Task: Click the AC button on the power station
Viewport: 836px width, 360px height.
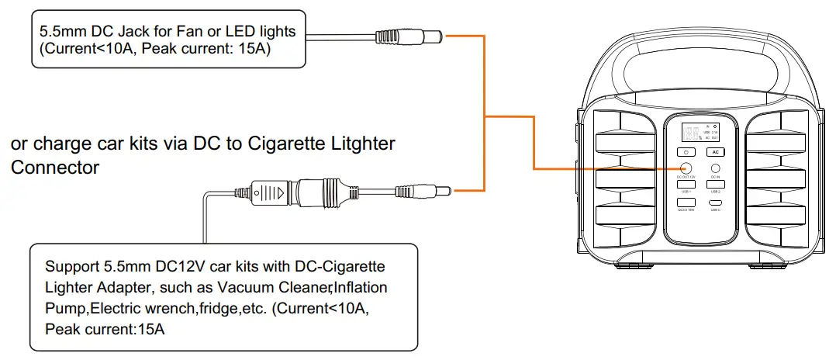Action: pyautogui.click(x=715, y=151)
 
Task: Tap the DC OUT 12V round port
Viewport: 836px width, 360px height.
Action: pyautogui.click(x=686, y=168)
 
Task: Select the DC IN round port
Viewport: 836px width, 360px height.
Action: pyautogui.click(x=715, y=168)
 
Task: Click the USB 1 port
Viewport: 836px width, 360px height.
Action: pyautogui.click(x=686, y=185)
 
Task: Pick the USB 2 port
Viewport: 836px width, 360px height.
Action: pyautogui.click(x=715, y=185)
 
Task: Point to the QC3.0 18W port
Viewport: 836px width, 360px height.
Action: pyautogui.click(x=686, y=203)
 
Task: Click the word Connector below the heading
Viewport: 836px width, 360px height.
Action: pyautogui.click(x=55, y=167)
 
